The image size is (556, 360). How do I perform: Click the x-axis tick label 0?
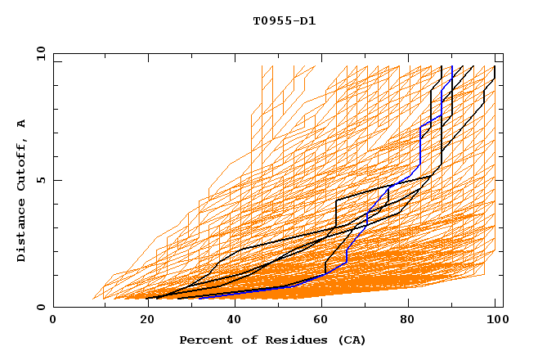coord(53,321)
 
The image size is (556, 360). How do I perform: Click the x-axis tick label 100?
coord(494,321)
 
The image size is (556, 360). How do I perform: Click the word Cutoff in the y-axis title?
coord(22,166)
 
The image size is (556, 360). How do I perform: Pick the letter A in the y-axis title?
coord(22,124)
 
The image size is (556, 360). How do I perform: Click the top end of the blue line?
coord(452,66)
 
